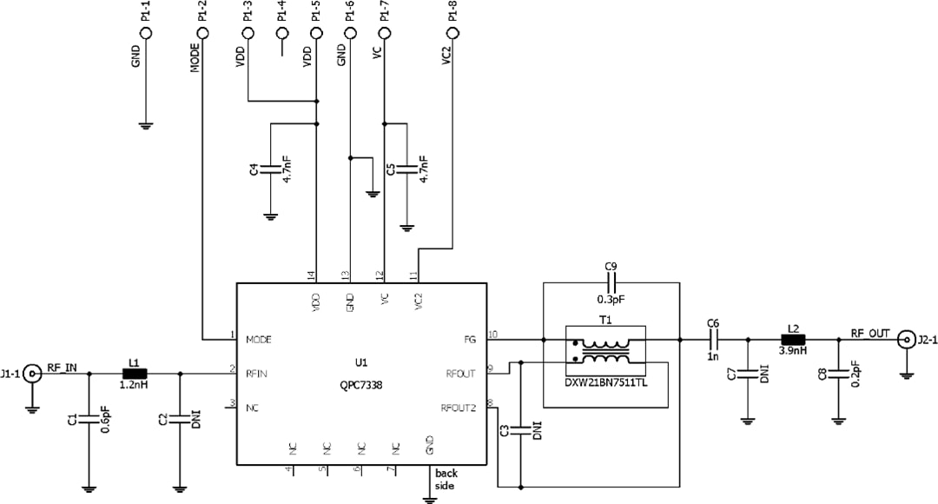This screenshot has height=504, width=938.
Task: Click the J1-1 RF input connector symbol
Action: click(33, 375)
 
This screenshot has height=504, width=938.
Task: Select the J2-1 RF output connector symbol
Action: click(907, 340)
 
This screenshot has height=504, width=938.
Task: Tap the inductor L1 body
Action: click(134, 375)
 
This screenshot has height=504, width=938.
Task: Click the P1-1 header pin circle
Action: click(146, 34)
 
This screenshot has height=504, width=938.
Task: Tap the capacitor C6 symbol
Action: click(713, 340)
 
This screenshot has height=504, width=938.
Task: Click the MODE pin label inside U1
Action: click(260, 339)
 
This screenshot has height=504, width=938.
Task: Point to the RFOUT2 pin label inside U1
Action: click(459, 407)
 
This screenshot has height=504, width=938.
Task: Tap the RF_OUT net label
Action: click(870, 332)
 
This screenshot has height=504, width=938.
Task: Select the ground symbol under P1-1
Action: click(146, 126)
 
